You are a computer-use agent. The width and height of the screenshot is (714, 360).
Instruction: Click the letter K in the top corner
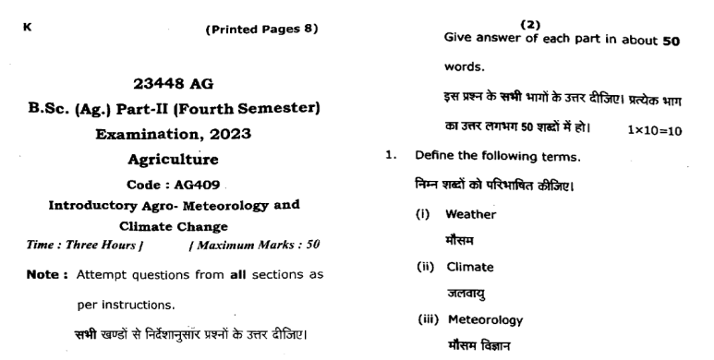tap(27, 29)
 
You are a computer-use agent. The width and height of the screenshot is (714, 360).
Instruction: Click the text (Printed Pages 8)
tap(260, 29)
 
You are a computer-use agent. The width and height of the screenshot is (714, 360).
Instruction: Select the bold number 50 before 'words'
tap(667, 41)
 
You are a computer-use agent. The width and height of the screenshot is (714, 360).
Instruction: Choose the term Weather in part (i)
tap(471, 214)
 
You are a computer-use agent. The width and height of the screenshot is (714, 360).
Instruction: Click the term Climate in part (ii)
tap(470, 268)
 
